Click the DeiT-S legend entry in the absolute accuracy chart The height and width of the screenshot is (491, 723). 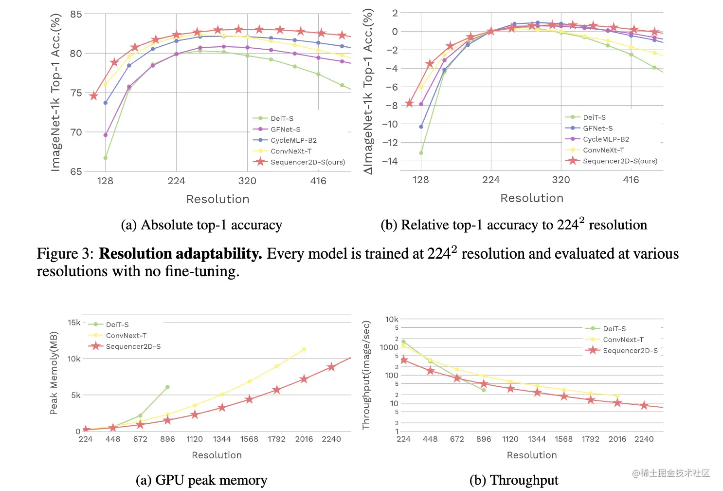click(282, 118)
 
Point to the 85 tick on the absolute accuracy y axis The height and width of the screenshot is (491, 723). click(76, 14)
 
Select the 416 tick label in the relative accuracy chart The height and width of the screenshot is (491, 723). click(631, 180)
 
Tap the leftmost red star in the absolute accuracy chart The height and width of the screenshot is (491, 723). click(94, 95)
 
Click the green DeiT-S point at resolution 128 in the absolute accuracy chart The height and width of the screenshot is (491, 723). click(106, 158)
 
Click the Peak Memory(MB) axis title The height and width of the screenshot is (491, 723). click(54, 373)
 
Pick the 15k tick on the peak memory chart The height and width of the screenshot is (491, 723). click(74, 322)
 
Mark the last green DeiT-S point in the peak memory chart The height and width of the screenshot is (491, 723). click(168, 387)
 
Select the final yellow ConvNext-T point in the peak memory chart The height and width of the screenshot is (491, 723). click(304, 349)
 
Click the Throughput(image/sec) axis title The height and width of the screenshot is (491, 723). click(366, 375)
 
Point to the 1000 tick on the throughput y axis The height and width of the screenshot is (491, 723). click(389, 347)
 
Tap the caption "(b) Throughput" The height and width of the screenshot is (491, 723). click(514, 480)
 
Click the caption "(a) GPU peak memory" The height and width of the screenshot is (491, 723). click(201, 480)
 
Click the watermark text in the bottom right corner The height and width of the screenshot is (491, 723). click(671, 473)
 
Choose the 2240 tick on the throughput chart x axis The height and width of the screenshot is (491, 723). click(644, 439)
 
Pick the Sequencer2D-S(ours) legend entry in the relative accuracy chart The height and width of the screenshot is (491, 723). click(620, 161)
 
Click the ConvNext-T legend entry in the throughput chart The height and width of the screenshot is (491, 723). click(623, 340)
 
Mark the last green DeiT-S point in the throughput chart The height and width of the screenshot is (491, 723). click(484, 390)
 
